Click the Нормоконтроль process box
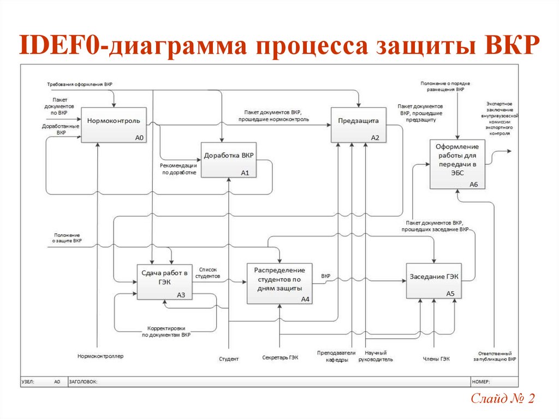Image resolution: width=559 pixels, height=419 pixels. [114, 125]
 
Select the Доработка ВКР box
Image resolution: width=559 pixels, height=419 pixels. [229, 160]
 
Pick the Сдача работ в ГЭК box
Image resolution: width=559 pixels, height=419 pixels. [164, 281]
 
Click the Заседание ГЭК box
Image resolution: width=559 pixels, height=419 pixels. [434, 281]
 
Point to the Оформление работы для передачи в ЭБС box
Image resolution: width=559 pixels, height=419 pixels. [457, 164]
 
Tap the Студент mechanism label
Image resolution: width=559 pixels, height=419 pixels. [229, 359]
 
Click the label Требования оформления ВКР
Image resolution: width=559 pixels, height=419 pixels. [80, 84]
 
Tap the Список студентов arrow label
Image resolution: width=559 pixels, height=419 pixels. [209, 273]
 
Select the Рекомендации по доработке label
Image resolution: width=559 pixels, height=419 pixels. [179, 169]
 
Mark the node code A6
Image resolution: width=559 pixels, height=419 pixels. [473, 185]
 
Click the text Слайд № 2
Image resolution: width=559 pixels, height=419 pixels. [502, 399]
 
